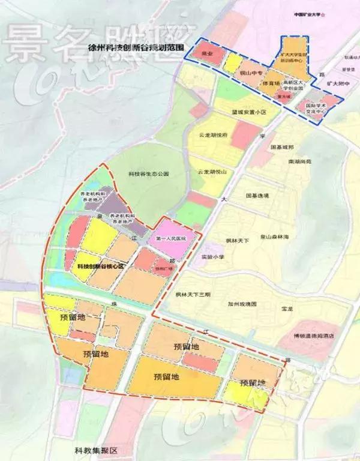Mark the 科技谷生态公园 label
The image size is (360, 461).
[x=149, y=173]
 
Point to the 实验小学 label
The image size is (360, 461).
[x=213, y=256]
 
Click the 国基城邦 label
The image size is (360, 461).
[x=283, y=147]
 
